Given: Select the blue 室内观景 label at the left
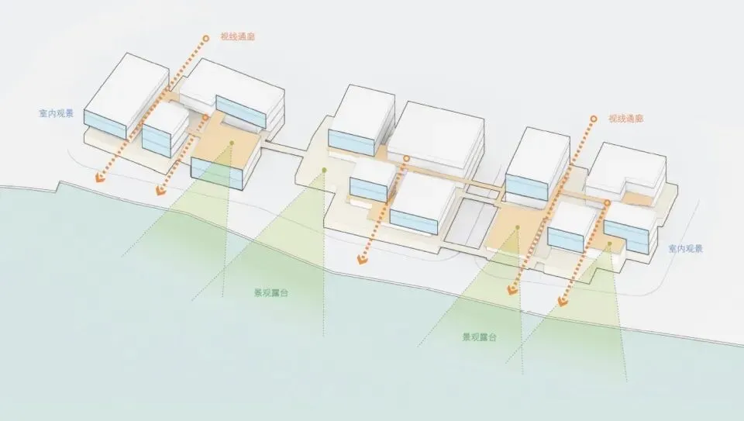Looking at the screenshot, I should [56, 114].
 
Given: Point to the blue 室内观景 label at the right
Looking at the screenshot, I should [686, 249].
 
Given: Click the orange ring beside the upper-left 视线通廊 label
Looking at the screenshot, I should [205, 37].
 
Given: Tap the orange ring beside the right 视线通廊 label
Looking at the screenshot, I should [593, 119].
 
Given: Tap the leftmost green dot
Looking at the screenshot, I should [230, 152].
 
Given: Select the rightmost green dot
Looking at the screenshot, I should [610, 244].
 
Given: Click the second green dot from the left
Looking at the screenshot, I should [325, 170].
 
